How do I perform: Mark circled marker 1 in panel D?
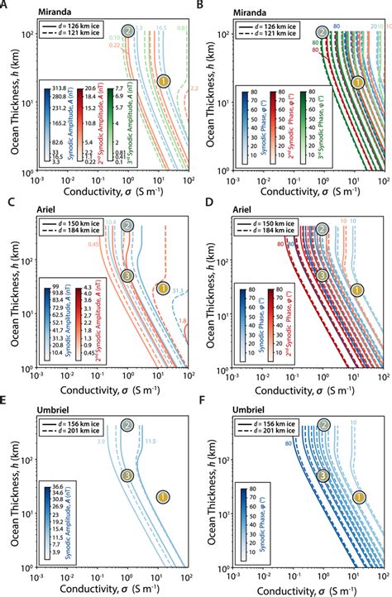coord(357,289)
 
